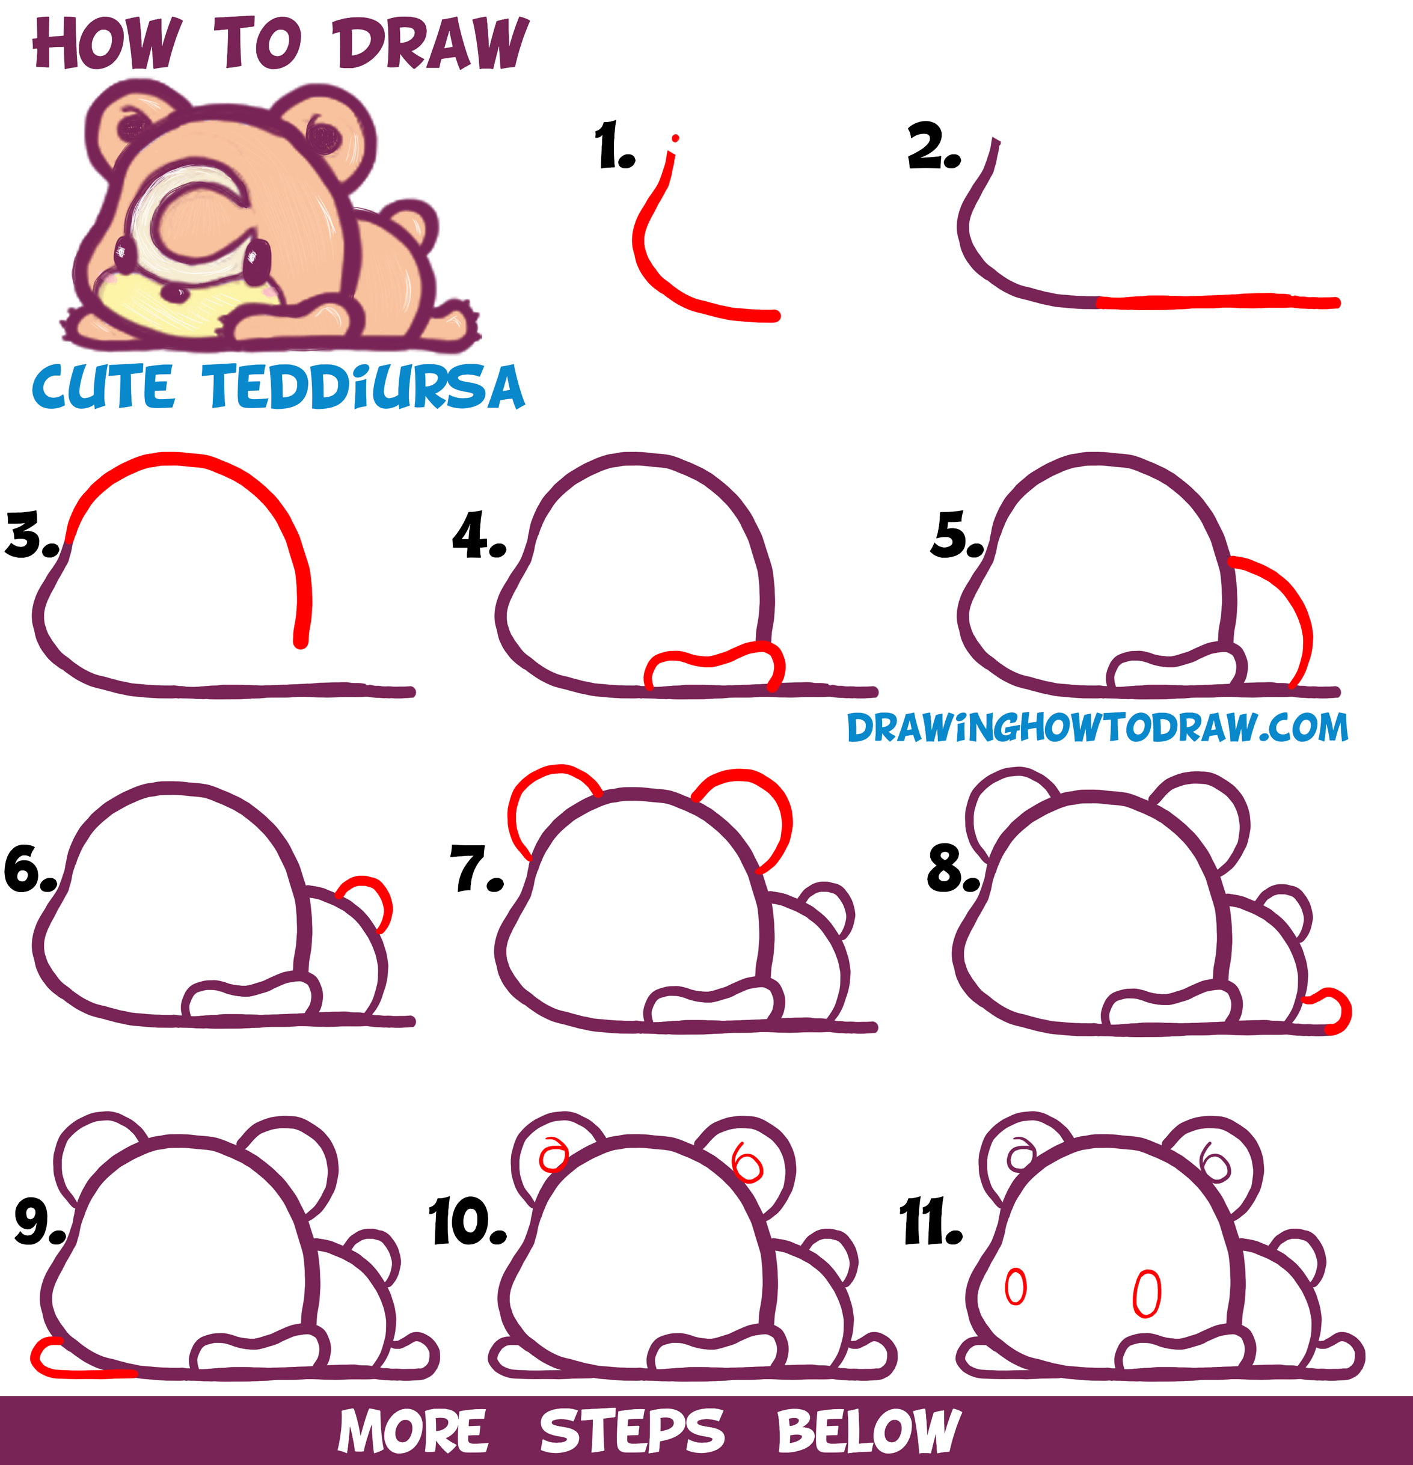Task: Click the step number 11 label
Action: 931,1220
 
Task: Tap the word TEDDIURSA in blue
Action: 366,387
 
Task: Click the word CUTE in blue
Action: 103,387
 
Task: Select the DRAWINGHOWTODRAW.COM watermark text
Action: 1097,727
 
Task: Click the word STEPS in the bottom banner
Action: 632,1431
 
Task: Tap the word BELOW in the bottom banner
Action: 869,1431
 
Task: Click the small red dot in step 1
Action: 676,138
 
